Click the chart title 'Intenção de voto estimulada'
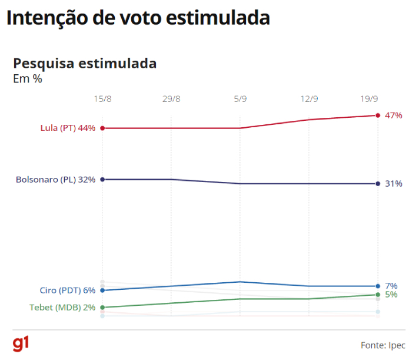(x=138, y=18)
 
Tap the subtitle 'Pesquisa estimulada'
(x=85, y=63)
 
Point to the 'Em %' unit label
(x=28, y=78)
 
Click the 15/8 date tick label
(x=102, y=99)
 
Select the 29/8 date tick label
(x=171, y=99)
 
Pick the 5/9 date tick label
(x=240, y=99)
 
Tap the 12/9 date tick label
(x=309, y=99)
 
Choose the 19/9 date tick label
(x=369, y=99)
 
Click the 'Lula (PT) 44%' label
(x=68, y=128)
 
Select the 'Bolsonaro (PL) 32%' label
(x=55, y=179)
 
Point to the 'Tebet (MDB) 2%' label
(x=62, y=308)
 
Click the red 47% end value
(x=393, y=115)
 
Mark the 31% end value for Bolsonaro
(x=393, y=184)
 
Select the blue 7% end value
(x=391, y=286)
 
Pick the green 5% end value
(x=391, y=295)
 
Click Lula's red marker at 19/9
(x=378, y=115)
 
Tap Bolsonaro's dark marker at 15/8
(x=102, y=179)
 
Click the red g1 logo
(x=21, y=344)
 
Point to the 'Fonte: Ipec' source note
(x=382, y=345)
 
